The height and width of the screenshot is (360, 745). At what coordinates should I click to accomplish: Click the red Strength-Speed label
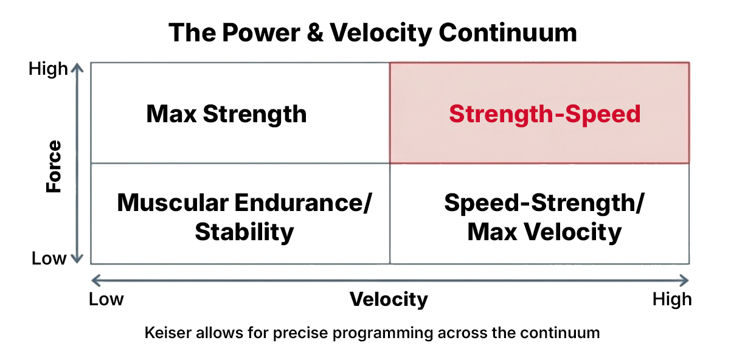(544, 114)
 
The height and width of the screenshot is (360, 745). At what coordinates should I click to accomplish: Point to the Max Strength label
(226, 114)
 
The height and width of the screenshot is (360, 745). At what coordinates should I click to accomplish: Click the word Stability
(244, 232)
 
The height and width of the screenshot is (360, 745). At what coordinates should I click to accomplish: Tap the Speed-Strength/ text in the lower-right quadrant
(543, 202)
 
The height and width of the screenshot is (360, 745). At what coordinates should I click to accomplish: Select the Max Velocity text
(544, 232)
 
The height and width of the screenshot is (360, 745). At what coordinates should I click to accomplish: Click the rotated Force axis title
(55, 166)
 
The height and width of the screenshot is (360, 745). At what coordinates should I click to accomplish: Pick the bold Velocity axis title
(389, 299)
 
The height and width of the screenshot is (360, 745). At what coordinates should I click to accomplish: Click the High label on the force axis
(48, 69)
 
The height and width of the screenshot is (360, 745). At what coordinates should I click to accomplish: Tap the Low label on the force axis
(49, 258)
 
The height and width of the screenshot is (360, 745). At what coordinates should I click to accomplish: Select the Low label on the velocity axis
(106, 299)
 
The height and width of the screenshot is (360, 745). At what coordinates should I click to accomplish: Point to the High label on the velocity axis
(671, 299)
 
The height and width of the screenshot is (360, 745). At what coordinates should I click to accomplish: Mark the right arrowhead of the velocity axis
(685, 280)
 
